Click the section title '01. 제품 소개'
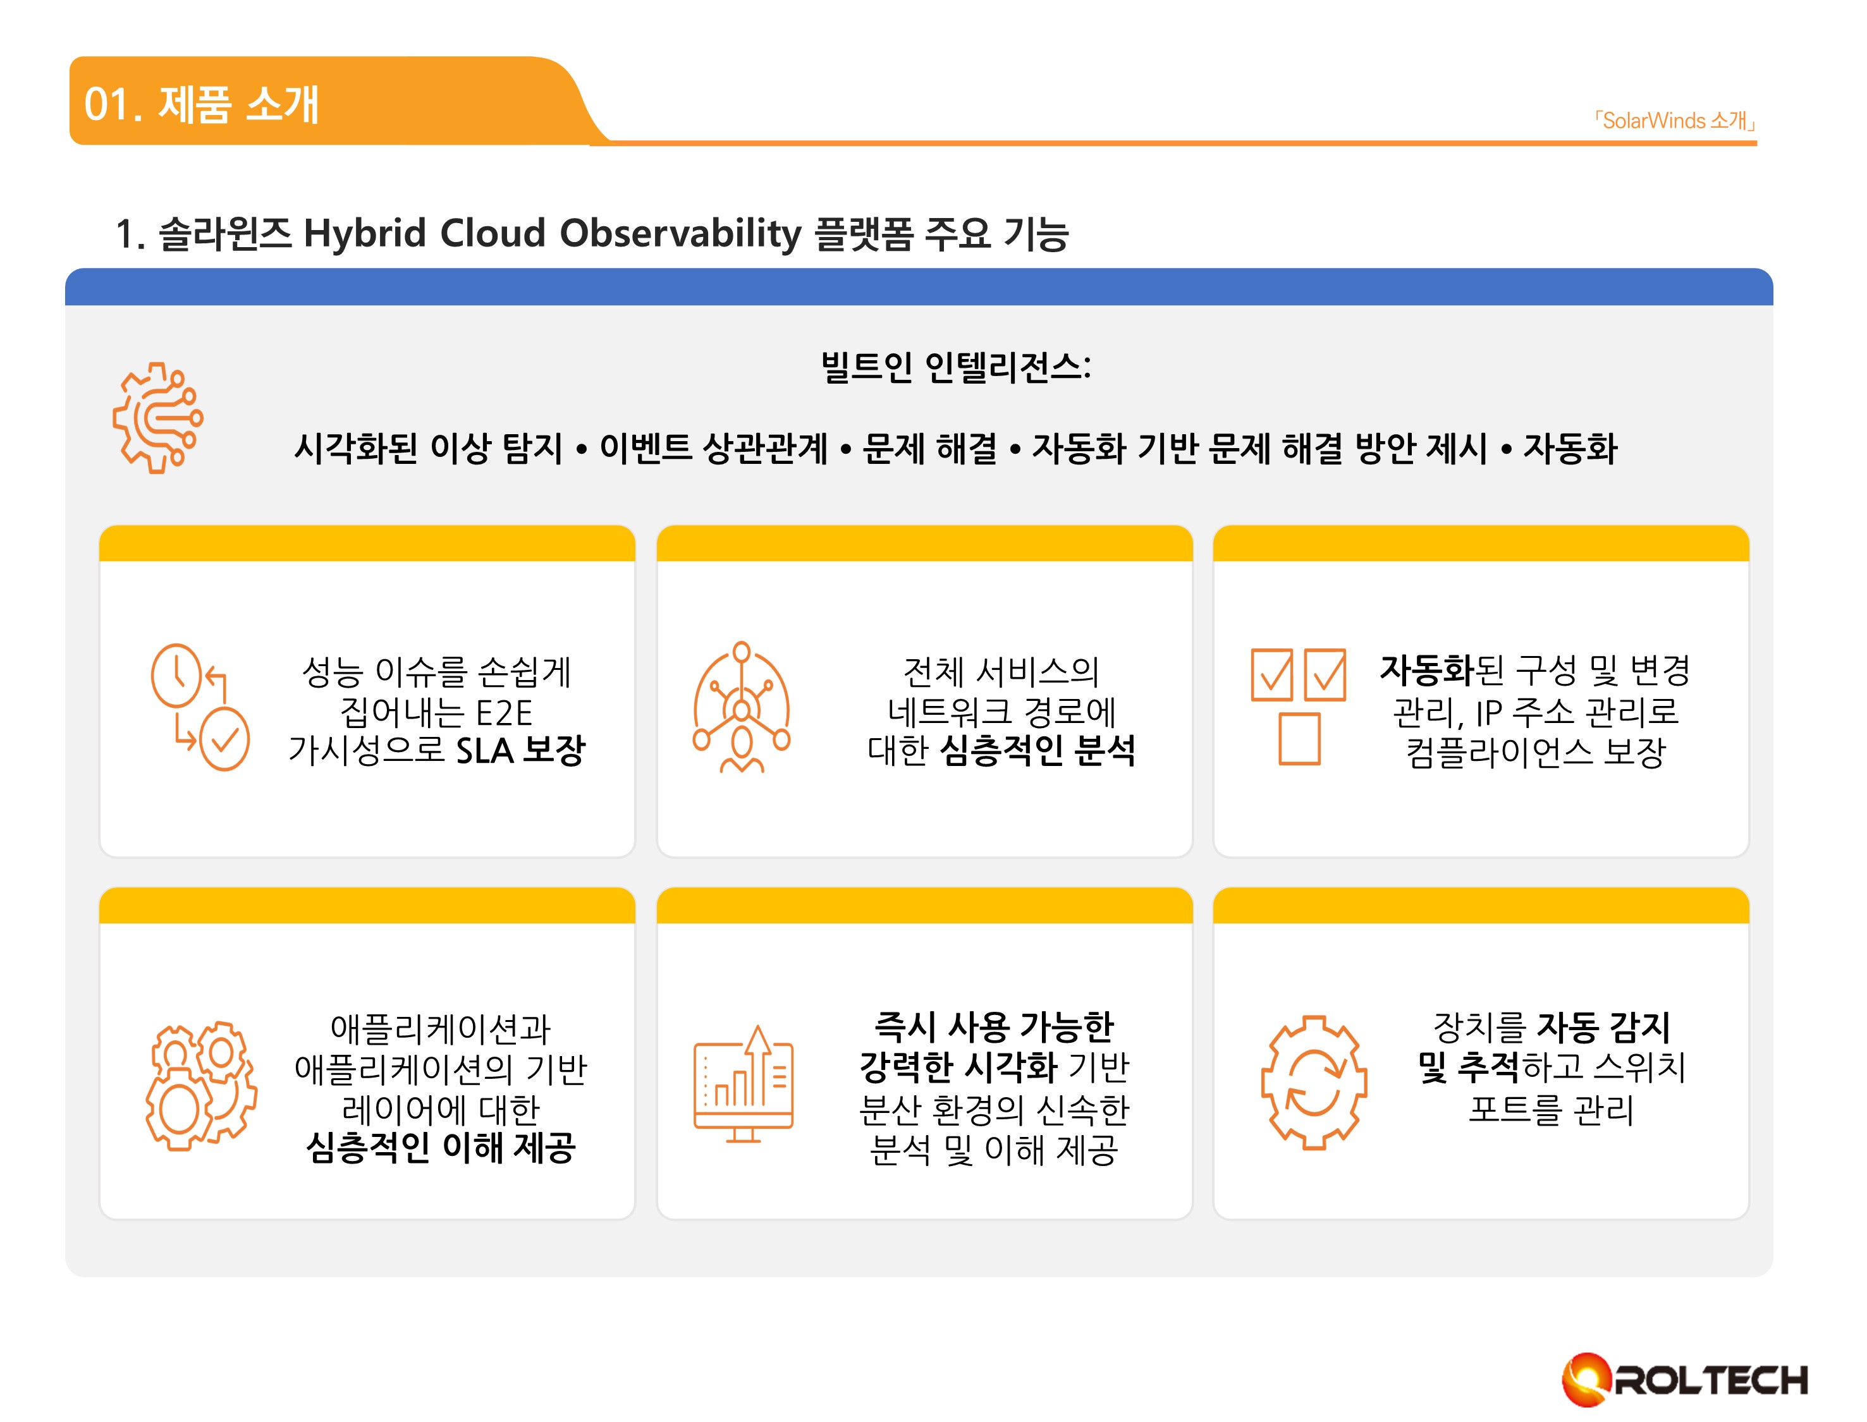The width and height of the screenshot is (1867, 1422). coord(202,105)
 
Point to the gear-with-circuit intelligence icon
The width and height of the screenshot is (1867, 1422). coord(158,417)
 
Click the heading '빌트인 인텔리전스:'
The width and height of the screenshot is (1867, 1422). coord(956,367)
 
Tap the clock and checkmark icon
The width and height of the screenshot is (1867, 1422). coord(200,707)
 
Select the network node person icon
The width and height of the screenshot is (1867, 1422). coord(742,707)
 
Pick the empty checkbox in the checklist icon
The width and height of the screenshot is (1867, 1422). coord(1299,739)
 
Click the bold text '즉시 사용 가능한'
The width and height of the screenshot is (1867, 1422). coord(994,1028)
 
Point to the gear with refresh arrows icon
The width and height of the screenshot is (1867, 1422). coord(1314,1083)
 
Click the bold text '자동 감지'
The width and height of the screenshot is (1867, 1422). coord(1603,1028)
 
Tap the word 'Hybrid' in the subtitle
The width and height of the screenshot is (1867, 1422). coord(365,234)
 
